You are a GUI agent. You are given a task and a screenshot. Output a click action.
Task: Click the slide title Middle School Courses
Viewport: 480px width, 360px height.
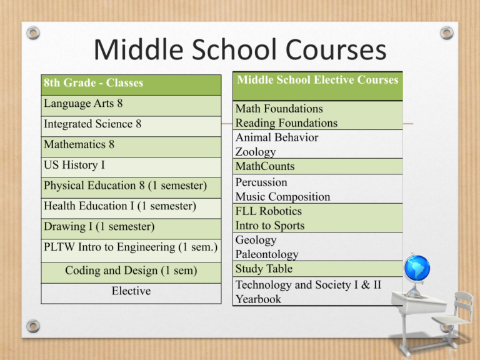pos(239,50)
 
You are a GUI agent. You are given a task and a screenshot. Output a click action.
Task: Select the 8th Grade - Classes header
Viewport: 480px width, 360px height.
pos(94,83)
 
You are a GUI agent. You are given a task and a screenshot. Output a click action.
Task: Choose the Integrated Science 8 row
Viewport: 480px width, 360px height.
pos(92,124)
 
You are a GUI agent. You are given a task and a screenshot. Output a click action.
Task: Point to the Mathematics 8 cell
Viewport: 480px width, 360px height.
pos(79,144)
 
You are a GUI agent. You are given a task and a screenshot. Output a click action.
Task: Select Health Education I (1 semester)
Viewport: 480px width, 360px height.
pos(120,206)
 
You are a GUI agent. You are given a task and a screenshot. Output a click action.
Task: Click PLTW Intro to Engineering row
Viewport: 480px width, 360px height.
pos(130,247)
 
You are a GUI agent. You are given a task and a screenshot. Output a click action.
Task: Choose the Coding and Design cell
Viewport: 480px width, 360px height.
pos(131,271)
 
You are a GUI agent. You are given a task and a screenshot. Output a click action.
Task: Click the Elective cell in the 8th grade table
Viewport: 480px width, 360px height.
pos(131,291)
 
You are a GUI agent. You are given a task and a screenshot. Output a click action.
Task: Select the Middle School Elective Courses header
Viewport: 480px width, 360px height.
pos(317,80)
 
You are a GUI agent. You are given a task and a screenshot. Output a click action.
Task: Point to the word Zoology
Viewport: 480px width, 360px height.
pos(256,152)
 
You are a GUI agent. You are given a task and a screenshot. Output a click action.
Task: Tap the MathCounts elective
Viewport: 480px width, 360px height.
pos(265,166)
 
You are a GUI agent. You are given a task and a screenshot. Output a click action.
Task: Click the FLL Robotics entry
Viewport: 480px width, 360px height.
pos(268,211)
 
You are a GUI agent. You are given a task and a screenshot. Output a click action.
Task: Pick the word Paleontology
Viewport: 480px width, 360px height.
pos(267,254)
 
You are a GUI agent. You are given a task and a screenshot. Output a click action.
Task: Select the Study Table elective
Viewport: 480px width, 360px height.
pos(264,269)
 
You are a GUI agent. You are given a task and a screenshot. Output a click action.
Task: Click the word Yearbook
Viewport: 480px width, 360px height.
pos(258,299)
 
